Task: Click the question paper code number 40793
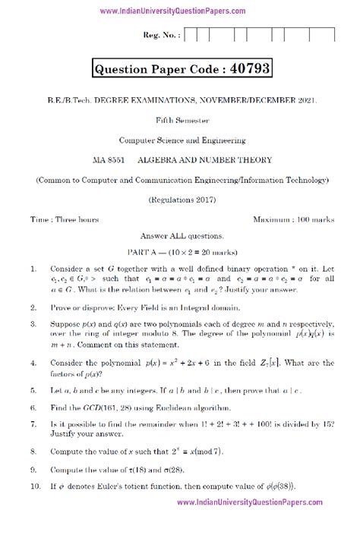245,71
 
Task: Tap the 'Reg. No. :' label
159,36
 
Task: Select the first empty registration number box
191,35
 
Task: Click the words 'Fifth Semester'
180,119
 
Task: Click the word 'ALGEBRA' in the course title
158,159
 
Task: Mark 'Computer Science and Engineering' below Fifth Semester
180,139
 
